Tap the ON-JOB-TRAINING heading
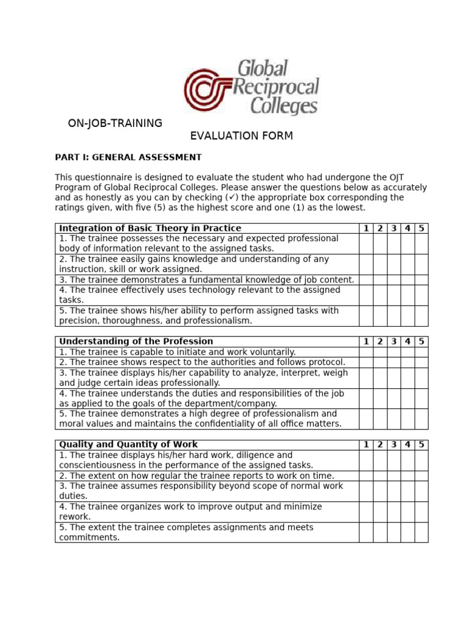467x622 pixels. (115, 123)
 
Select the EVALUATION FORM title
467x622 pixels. (241, 136)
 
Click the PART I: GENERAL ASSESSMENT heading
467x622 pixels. (128, 157)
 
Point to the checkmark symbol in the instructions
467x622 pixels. (231, 197)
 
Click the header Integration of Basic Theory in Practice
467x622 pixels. (150, 228)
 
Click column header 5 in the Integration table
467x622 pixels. (421, 228)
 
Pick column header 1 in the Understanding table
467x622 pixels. (366, 341)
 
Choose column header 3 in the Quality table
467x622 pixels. (394, 445)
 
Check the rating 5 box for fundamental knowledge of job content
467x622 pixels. (421, 279)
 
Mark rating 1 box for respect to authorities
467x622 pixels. (366, 362)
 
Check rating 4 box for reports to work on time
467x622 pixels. (408, 476)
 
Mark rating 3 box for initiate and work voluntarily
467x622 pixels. (394, 352)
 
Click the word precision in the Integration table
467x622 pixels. (78, 321)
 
